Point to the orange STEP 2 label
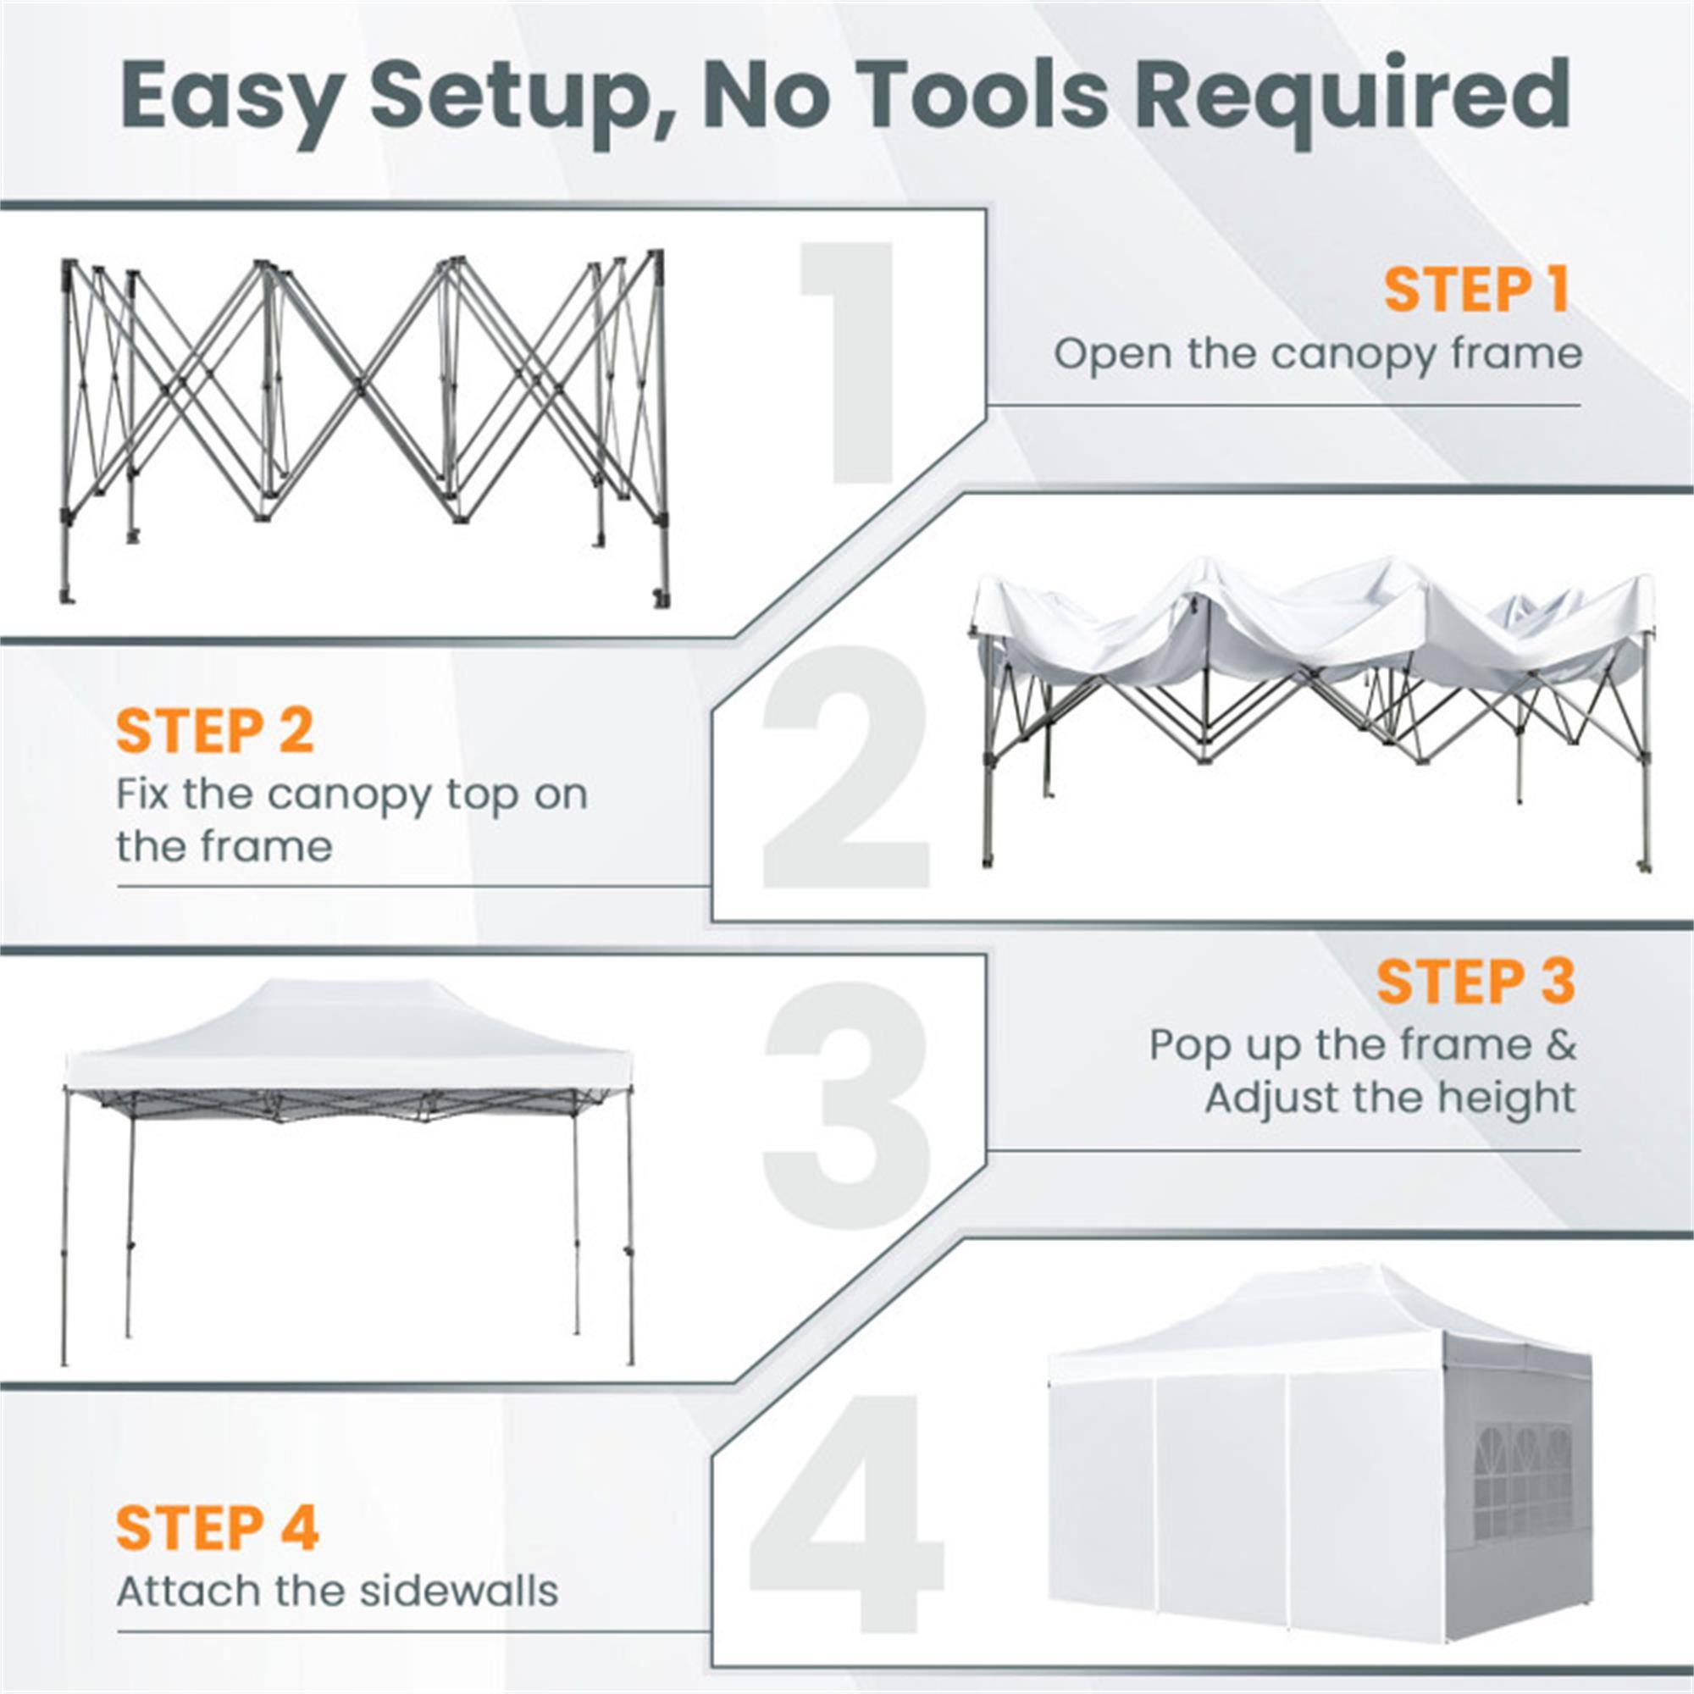[x=215, y=731]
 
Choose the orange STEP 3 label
[x=1475, y=981]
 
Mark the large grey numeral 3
[x=846, y=1104]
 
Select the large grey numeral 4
[x=846, y=1513]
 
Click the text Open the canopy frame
[x=1317, y=355]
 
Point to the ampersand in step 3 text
[x=1562, y=1044]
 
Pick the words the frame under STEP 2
[x=224, y=847]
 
